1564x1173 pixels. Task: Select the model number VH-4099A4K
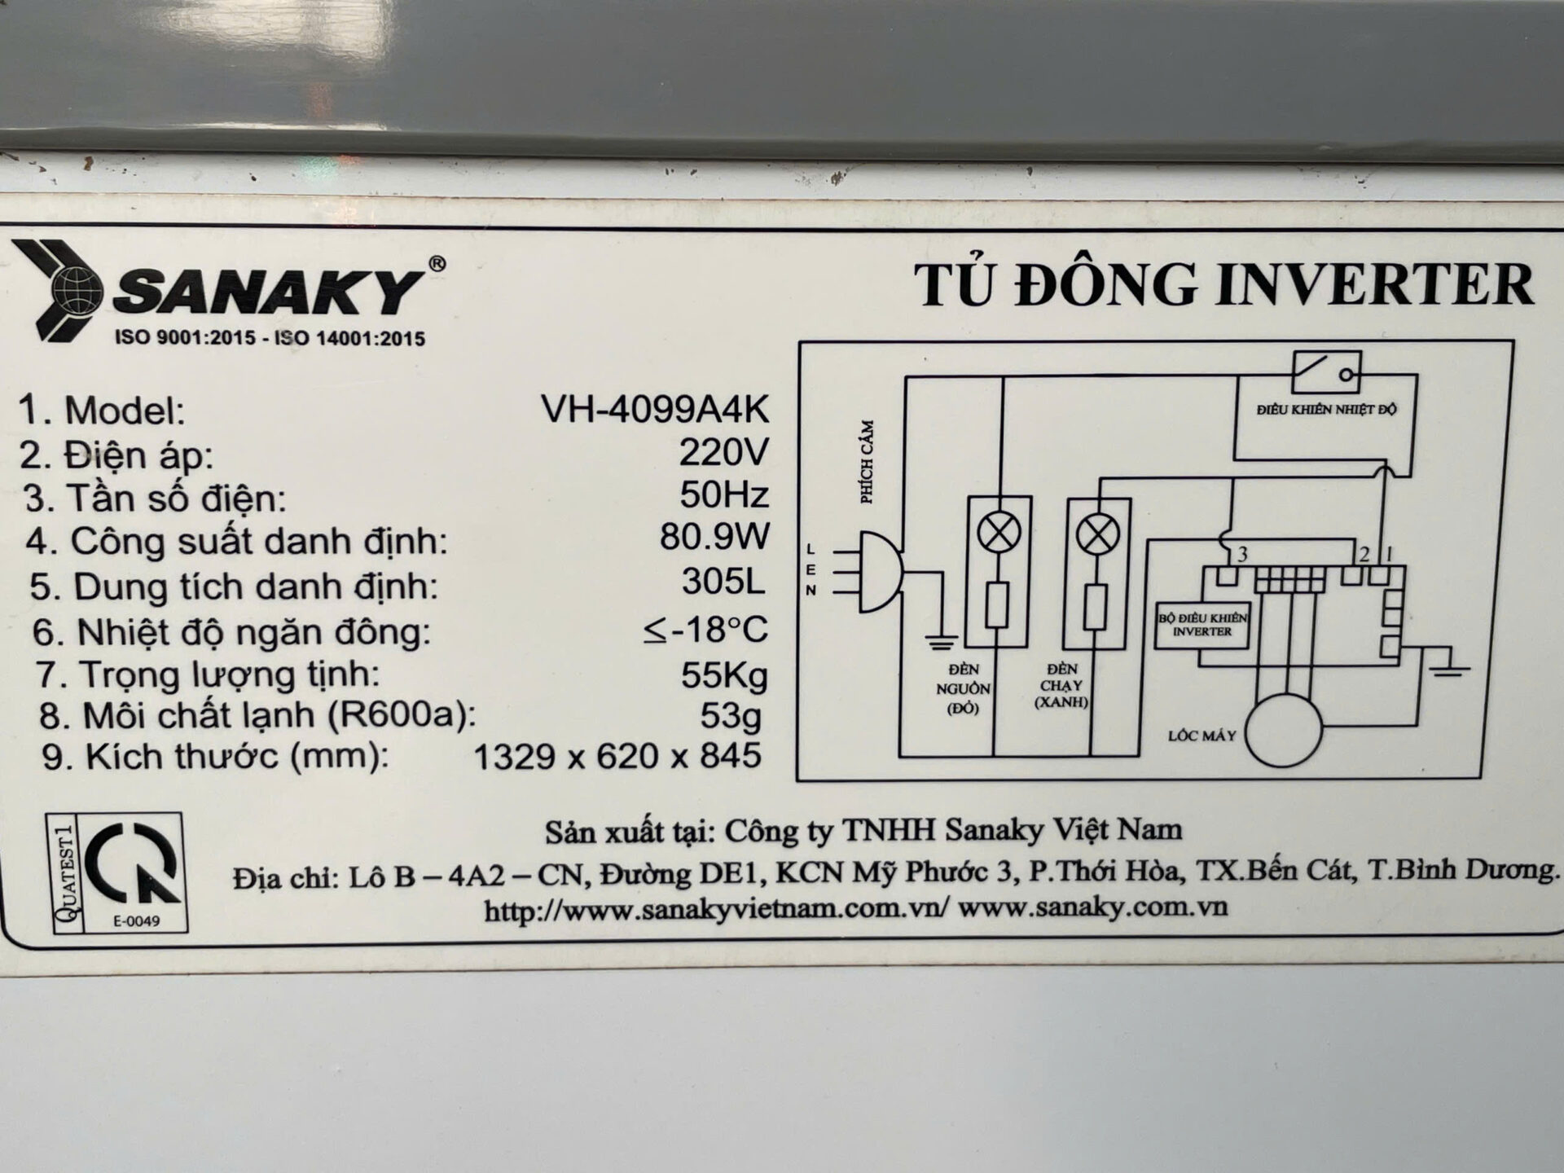tap(655, 410)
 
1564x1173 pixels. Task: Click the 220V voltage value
tap(724, 452)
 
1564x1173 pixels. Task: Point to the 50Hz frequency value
tap(725, 495)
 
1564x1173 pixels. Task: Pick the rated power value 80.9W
tap(715, 538)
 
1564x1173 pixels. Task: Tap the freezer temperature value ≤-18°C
tap(705, 629)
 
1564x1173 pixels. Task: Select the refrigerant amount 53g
tap(731, 716)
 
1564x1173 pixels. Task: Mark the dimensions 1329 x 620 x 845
tap(617, 757)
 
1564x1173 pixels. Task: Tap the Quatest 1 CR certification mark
tap(116, 872)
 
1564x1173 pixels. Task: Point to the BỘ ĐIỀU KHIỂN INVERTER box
tap(1202, 625)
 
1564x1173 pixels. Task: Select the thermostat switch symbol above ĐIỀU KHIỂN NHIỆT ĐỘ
tap(1326, 373)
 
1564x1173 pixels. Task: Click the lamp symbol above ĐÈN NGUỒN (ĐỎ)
tap(998, 534)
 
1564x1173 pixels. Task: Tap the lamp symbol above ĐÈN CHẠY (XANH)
tap(1097, 534)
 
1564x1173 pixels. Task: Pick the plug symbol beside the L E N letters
tap(869, 571)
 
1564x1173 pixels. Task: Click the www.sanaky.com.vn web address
tap(1092, 907)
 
